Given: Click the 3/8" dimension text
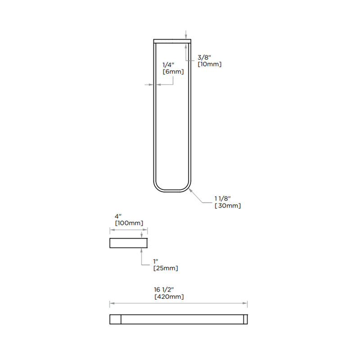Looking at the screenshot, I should click(204, 57).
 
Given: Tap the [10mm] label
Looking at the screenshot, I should click(210, 64).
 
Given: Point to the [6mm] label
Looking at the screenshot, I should click(173, 72).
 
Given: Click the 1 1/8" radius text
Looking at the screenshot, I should click(223, 198).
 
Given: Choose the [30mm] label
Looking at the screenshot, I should click(228, 206).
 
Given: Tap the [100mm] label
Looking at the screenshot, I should click(129, 223).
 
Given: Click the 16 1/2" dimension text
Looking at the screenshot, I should click(165, 290).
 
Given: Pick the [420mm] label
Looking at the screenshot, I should click(169, 297).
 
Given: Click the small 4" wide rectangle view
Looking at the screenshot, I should click(129, 243).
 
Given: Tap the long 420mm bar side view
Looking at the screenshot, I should click(179, 319).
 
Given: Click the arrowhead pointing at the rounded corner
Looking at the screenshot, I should click(191, 190).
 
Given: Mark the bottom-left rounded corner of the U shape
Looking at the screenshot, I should click(158, 187).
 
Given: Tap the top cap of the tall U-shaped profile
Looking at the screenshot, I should click(173, 41).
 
